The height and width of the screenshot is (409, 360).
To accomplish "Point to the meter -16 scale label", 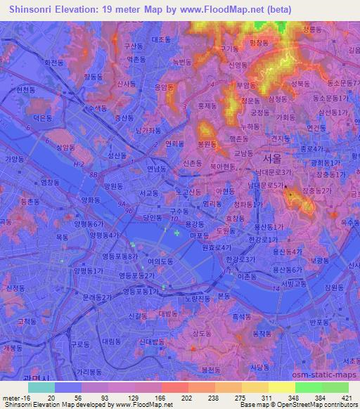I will click(15, 398).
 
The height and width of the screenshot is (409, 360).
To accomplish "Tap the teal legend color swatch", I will click(41, 387).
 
